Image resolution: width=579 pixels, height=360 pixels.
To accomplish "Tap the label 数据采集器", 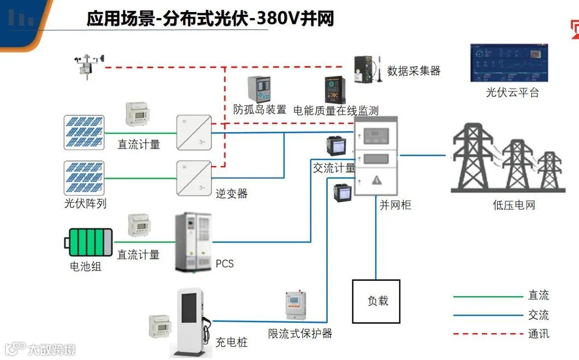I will tap(413, 70).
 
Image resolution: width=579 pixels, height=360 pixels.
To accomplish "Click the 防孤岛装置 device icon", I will tap(259, 88).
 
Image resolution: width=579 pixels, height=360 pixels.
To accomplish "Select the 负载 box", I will tap(376, 301).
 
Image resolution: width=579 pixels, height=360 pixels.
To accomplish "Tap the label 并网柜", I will tap(395, 205).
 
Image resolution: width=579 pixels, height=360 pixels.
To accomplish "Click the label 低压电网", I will tap(513, 205).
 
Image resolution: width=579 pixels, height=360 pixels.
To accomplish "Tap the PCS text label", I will tap(224, 264).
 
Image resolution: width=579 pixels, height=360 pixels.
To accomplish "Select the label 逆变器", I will tap(231, 193).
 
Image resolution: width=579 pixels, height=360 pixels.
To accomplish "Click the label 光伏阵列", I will tap(85, 204).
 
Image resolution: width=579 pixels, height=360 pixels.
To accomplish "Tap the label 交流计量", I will tap(334, 168).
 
